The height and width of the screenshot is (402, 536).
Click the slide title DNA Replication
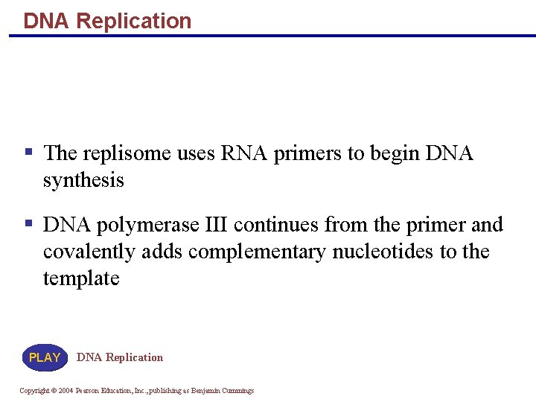pyautogui.click(x=107, y=20)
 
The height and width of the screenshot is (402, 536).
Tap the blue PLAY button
pyautogui.click(x=45, y=357)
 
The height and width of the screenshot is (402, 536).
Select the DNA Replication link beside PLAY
pyautogui.click(x=119, y=357)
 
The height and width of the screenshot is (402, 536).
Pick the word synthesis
pyautogui.click(x=83, y=181)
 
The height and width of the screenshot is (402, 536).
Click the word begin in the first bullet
pyautogui.click(x=395, y=153)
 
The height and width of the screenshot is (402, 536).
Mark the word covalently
pyautogui.click(x=90, y=252)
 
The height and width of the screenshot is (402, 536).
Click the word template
pyautogui.click(x=81, y=278)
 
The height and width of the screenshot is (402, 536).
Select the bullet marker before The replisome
pyautogui.click(x=28, y=152)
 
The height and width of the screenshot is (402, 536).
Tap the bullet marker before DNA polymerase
pyautogui.click(x=28, y=223)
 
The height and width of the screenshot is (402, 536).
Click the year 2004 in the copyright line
pyautogui.click(x=66, y=391)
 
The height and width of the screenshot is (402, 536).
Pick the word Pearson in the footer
pyautogui.click(x=89, y=391)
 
